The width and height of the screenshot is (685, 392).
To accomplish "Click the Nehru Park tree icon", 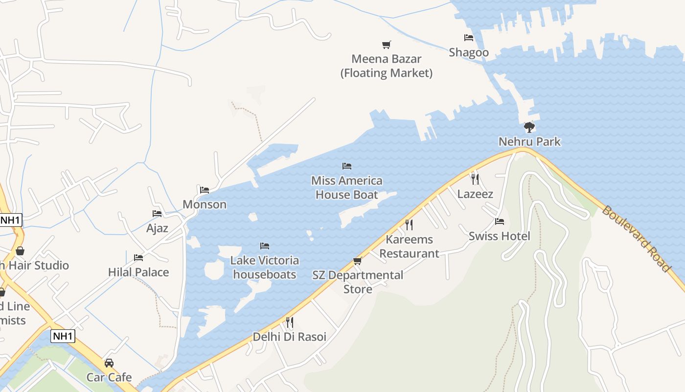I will click(x=529, y=127).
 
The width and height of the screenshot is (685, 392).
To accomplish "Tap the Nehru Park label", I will click(x=529, y=142).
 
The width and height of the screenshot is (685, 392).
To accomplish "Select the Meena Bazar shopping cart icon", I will click(x=387, y=45).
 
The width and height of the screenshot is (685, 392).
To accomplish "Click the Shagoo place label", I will click(x=469, y=52).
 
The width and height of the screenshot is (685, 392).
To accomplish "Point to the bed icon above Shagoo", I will click(x=469, y=38).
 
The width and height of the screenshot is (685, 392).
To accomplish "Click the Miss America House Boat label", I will click(x=346, y=188).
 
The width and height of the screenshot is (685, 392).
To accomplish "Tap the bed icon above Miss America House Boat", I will click(x=347, y=166).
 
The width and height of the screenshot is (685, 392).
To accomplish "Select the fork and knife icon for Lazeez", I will click(x=475, y=179).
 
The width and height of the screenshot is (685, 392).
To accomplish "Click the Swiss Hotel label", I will click(x=499, y=236).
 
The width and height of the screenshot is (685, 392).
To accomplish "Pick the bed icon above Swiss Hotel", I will click(x=500, y=221).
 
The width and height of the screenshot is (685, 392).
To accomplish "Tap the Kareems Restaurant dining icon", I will click(x=409, y=225).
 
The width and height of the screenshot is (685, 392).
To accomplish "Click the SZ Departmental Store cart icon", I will click(x=358, y=261).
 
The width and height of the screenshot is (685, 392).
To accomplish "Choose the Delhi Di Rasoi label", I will click(x=289, y=337).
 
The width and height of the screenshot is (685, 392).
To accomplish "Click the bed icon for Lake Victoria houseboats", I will click(x=265, y=245).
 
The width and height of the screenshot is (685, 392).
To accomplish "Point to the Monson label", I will click(x=205, y=204).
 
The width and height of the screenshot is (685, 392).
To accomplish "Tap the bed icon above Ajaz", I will click(x=157, y=214).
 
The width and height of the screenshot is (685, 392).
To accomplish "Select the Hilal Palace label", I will click(x=138, y=272).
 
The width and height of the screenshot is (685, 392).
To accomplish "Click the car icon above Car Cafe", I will click(x=109, y=363).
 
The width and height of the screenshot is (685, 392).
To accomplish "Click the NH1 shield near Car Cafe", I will click(x=63, y=336).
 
